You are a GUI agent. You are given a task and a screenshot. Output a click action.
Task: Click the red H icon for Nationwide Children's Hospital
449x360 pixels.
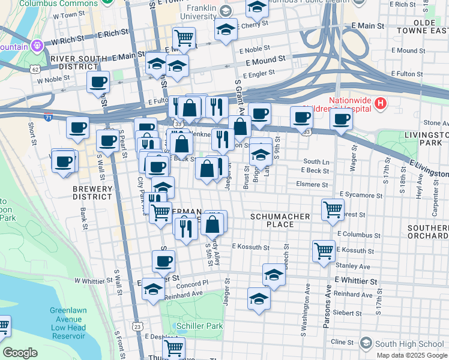tap(379, 104)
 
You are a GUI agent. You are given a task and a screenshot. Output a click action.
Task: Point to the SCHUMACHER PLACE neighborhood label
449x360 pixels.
tap(280, 220)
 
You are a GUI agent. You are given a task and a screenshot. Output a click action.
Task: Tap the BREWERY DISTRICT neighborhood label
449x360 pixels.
tap(92, 193)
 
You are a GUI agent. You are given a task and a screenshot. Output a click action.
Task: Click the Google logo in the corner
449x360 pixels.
tap(20, 353)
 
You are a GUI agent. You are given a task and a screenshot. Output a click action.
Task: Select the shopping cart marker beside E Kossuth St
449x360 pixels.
tap(324, 250)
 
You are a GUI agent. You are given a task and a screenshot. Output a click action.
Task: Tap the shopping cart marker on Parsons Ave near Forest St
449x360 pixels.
tap(333, 209)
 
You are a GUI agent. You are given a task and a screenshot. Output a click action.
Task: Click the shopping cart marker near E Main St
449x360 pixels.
tap(184, 38)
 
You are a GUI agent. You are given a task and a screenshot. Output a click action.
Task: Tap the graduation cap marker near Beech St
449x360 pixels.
tap(274, 275)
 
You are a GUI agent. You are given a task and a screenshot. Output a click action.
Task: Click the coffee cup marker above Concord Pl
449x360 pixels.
tap(163, 261)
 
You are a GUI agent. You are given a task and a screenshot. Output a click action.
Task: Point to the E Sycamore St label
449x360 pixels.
tap(361, 195)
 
